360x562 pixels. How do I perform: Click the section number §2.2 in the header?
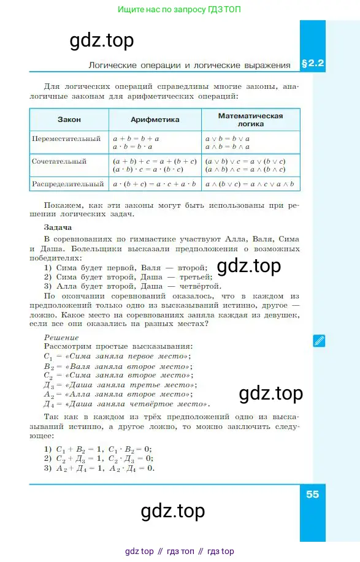tap(312, 63)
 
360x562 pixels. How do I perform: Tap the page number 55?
tap(312, 495)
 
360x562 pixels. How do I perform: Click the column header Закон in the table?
tap(69, 120)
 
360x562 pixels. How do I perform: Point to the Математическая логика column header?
tap(250, 120)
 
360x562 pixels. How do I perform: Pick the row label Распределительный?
tap(68, 183)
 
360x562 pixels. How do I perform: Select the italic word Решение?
tap(61, 337)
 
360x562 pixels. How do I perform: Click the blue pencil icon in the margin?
tap(319, 341)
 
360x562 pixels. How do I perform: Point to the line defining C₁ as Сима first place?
tap(117, 356)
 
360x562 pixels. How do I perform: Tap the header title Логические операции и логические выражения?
tap(189, 64)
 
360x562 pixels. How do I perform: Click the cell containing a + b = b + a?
tap(136, 139)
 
